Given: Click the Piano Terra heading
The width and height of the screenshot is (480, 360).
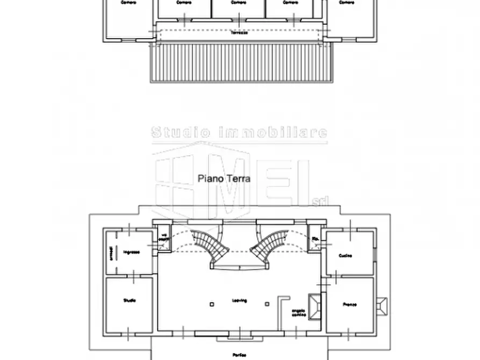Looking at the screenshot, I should click(224, 178).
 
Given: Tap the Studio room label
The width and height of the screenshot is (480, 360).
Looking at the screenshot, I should click(129, 300).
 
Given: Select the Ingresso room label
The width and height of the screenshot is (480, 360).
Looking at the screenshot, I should click(131, 252).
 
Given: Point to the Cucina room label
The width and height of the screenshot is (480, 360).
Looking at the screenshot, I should click(346, 255).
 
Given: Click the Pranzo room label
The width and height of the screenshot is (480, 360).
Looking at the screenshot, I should click(350, 305).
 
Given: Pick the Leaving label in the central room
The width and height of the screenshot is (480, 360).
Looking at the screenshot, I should click(239, 301).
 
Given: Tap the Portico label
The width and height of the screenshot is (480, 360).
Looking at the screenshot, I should click(240, 355).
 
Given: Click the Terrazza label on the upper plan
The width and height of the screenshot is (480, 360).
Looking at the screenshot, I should click(240, 33).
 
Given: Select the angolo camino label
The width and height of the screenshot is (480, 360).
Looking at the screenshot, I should click(299, 312).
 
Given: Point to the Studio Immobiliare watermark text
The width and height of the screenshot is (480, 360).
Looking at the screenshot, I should click(239, 132).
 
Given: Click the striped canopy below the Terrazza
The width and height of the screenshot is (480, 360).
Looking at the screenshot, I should click(242, 62).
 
